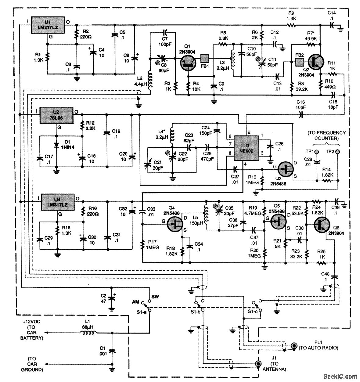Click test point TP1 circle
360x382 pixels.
(317, 152)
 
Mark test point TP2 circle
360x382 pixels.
(337, 152)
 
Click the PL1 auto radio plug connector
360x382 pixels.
(294, 346)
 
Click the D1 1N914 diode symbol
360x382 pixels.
(56, 144)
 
